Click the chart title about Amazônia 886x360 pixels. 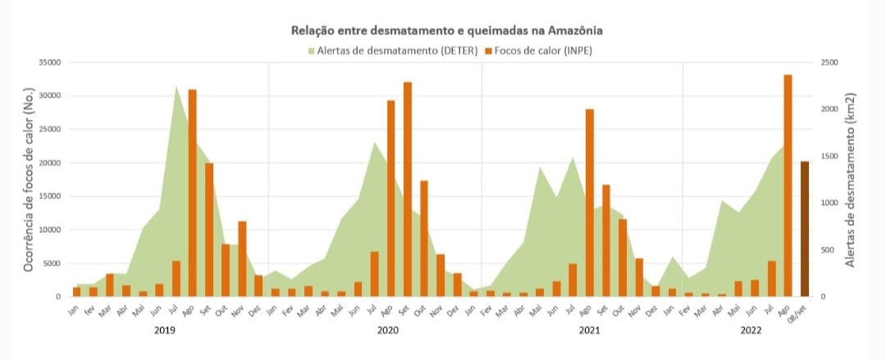pos(447,31)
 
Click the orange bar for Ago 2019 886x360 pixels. pos(192,193)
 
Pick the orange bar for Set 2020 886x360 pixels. pos(407,189)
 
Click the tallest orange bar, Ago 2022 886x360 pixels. pos(788,185)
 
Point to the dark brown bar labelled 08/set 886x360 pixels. pos(805,229)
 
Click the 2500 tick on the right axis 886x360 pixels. pos(830,62)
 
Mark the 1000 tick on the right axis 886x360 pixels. pos(830,203)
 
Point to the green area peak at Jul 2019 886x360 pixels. pos(176,90)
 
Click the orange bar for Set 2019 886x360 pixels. pos(209,230)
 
